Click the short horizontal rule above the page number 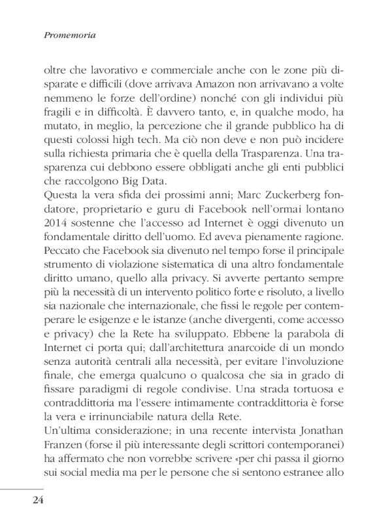click(x=22, y=487)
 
